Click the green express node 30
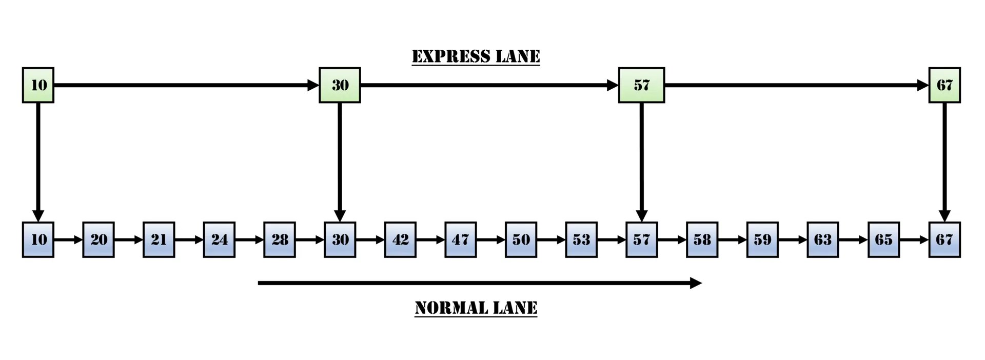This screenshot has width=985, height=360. pyautogui.click(x=340, y=85)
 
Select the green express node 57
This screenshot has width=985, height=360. pyautogui.click(x=641, y=85)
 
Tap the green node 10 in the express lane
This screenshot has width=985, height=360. pyautogui.click(x=38, y=85)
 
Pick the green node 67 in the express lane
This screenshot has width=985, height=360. pyautogui.click(x=944, y=85)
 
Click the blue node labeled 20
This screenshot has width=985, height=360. pyautogui.click(x=98, y=239)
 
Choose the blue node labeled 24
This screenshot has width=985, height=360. pyautogui.click(x=219, y=239)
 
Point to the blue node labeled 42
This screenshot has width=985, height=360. pyautogui.click(x=400, y=239)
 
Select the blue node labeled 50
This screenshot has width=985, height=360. pyautogui.click(x=521, y=239)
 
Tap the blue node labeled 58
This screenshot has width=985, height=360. pyautogui.click(x=702, y=239)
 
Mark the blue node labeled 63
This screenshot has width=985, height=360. pyautogui.click(x=823, y=239)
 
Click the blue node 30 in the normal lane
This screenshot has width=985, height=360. pyautogui.click(x=340, y=239)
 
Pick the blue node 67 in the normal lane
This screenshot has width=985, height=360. pyautogui.click(x=944, y=239)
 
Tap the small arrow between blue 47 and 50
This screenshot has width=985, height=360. pyautogui.click(x=491, y=239)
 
